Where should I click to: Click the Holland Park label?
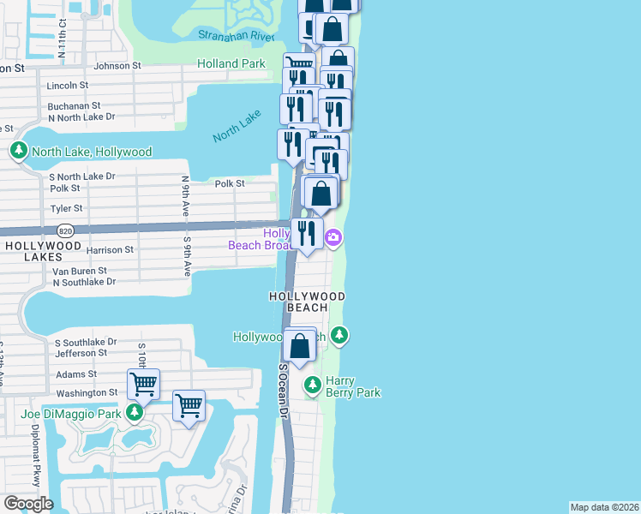point(231,63)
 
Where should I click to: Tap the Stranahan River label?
point(236,35)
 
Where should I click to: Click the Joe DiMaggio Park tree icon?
point(135,414)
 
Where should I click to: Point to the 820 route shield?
point(65,231)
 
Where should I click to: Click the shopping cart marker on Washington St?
point(143,384)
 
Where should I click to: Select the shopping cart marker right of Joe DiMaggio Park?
point(189,405)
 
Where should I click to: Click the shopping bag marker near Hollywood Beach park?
point(300,348)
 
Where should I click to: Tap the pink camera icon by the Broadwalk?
point(333,238)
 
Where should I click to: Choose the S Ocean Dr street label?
point(283,390)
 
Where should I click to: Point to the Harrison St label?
point(111,250)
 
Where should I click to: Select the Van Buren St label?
point(84,271)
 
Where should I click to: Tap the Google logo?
point(28,504)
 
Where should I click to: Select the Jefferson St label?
point(81,352)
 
